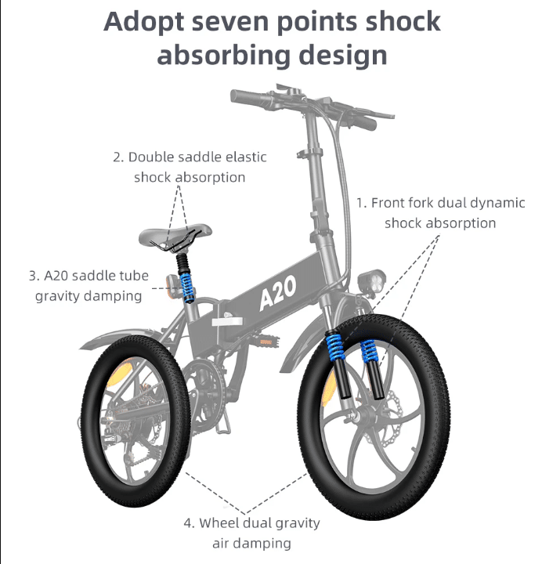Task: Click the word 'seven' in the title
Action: pos(230,22)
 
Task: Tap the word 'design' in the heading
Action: pos(343,56)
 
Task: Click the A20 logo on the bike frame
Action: pos(278,293)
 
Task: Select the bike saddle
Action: pos(175,237)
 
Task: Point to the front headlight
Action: pos(371,280)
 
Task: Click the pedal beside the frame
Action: pos(268,340)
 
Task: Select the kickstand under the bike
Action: pos(223,423)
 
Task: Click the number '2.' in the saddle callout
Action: pos(118,157)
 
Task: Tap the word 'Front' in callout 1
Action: pos(388,203)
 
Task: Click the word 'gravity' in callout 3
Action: pos(56,296)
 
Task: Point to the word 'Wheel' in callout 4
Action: pos(219,523)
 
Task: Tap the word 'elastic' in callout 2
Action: pos(246,157)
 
